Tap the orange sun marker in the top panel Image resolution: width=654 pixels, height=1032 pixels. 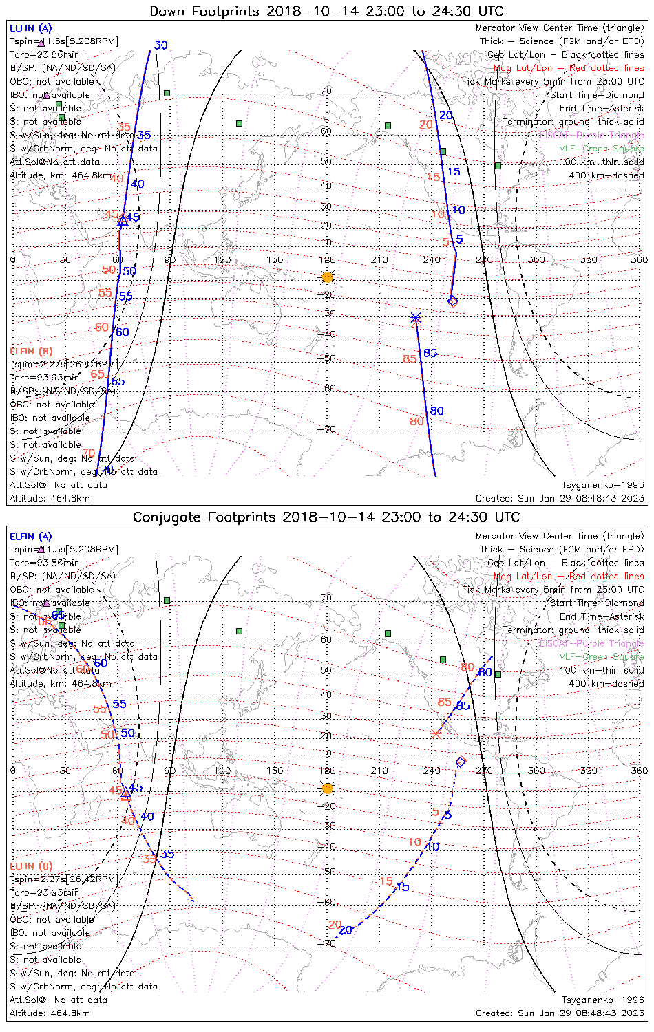coord(328,277)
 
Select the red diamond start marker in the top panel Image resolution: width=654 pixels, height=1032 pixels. coord(452,301)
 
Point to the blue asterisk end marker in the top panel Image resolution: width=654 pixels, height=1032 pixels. coord(415,317)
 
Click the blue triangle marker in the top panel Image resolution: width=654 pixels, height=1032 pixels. coord(123,220)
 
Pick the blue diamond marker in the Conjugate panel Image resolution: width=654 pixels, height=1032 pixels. coord(461,761)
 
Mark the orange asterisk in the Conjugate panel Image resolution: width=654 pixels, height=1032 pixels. coord(435,733)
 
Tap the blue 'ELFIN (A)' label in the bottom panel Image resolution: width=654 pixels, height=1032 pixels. coord(30,537)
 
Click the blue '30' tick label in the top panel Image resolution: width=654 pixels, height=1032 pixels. coord(161,45)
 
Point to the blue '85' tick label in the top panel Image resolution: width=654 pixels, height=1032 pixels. coord(430,353)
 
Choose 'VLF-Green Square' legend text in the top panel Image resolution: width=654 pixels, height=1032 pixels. coord(601,149)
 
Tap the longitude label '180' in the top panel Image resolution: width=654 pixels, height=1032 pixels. coord(328,259)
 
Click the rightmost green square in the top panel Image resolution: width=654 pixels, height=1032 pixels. coord(498,166)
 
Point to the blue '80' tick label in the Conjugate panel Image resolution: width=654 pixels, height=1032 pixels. coord(485,672)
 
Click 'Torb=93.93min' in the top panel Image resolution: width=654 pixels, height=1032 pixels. coord(44,378)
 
